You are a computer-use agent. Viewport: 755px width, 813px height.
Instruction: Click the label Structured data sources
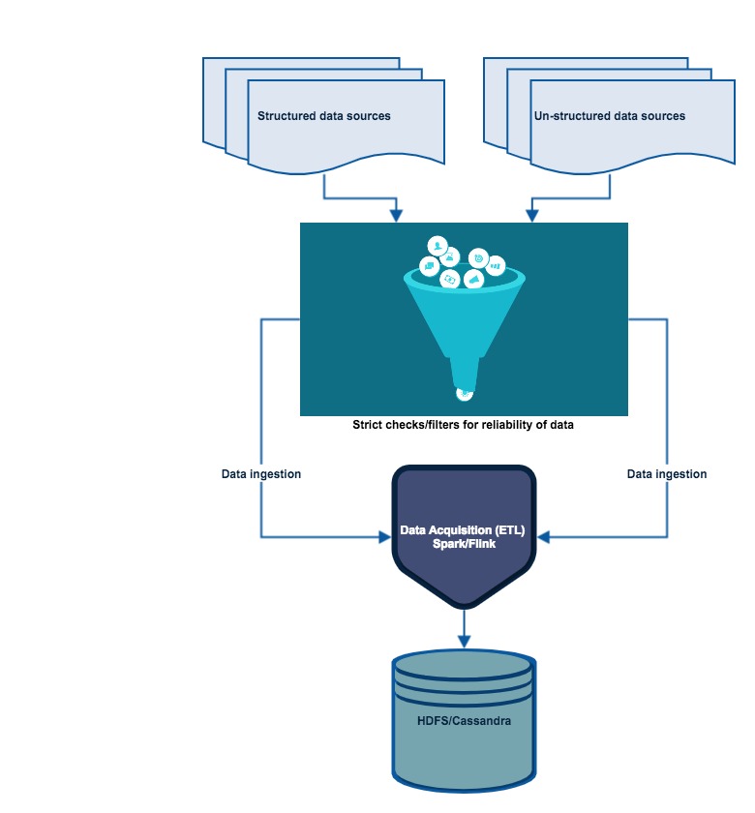tap(323, 116)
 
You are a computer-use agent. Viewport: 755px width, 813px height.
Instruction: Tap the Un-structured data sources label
tap(609, 116)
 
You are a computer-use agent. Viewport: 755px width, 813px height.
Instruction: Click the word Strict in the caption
tap(368, 425)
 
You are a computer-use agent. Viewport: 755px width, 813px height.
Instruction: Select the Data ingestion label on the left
tap(261, 474)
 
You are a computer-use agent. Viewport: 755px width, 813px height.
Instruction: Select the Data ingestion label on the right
tap(667, 474)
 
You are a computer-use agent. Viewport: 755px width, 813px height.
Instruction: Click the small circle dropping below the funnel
tap(465, 393)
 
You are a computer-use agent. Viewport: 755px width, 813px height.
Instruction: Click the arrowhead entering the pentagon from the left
tap(384, 536)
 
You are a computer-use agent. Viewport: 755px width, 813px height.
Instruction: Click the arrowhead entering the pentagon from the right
tap(545, 536)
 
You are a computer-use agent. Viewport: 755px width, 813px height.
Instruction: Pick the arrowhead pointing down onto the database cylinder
tap(464, 641)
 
